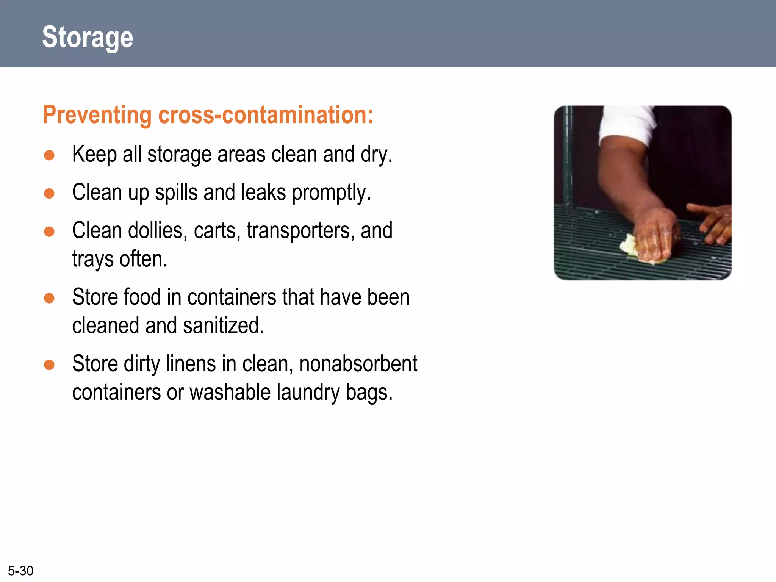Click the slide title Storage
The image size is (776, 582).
(x=88, y=37)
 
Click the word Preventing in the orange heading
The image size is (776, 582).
(x=97, y=115)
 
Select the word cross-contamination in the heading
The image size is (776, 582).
(x=265, y=115)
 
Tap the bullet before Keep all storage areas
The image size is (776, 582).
(x=49, y=155)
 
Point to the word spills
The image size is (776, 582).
(x=176, y=192)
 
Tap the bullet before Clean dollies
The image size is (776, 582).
(x=49, y=232)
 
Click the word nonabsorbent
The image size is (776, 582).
(x=358, y=364)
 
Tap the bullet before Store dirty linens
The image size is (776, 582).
(x=49, y=365)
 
